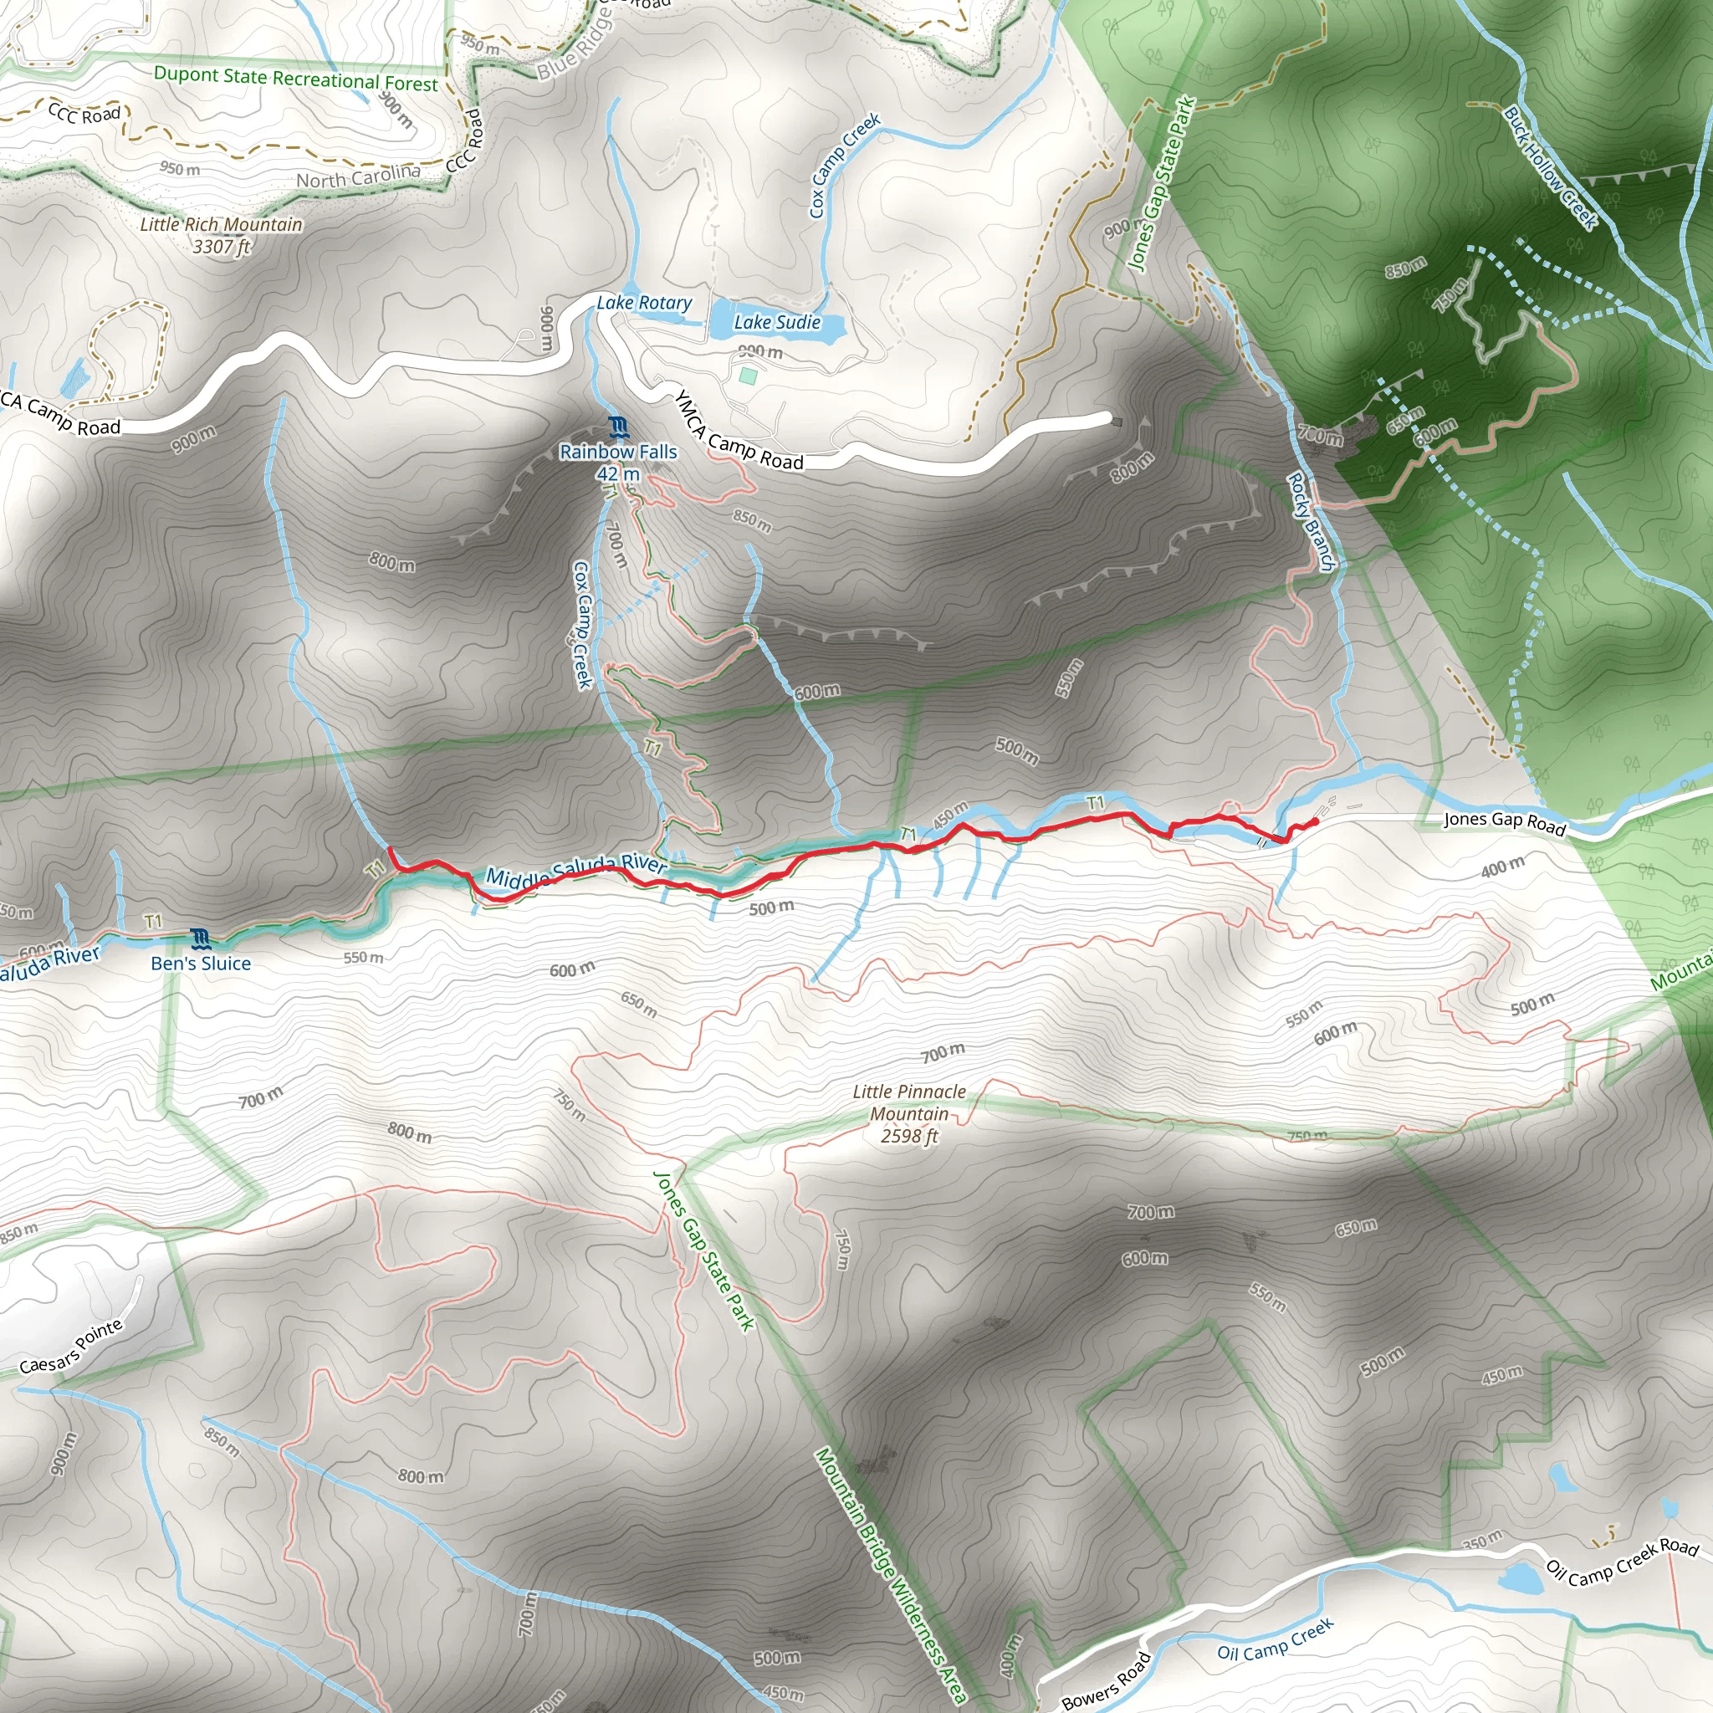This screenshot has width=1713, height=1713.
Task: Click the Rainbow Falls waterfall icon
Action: tap(618, 427)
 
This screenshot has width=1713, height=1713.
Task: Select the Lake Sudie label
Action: tap(777, 323)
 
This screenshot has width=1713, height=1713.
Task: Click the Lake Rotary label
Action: tap(644, 304)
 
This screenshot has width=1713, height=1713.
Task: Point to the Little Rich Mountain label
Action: tap(221, 225)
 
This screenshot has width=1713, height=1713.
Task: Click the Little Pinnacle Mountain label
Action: tap(909, 1102)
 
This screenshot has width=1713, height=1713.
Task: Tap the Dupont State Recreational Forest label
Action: tap(295, 79)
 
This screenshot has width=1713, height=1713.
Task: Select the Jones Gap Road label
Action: tap(1505, 823)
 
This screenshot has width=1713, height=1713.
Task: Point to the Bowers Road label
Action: tap(1106, 1681)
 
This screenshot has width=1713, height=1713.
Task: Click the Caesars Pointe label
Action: tap(71, 1347)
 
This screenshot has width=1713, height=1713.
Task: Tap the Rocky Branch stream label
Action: tap(1311, 522)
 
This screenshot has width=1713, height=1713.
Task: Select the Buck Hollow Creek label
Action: tap(1551, 168)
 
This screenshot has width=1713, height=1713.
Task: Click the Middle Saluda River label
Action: tap(575, 872)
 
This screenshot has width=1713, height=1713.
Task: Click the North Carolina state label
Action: tap(358, 176)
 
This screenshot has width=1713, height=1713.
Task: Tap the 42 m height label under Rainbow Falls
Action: tap(618, 474)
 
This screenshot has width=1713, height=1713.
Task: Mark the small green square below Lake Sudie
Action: tap(749, 376)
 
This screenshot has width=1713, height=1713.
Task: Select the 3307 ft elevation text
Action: tap(221, 247)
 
